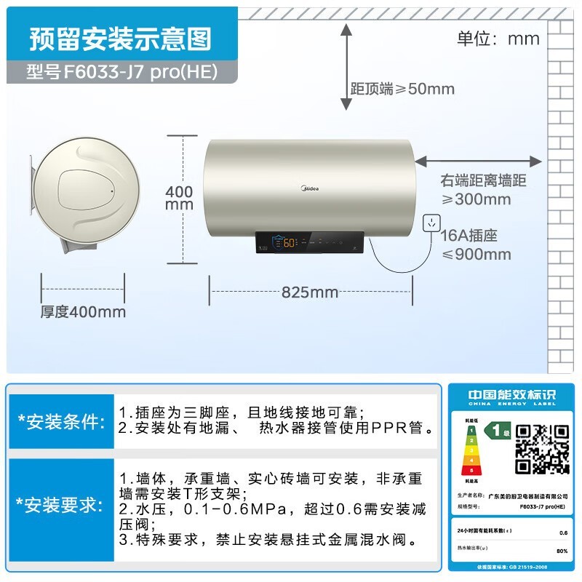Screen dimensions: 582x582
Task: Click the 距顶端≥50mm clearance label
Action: point(402,89)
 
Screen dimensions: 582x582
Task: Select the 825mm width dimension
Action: point(310,292)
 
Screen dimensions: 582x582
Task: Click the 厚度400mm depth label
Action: point(83,312)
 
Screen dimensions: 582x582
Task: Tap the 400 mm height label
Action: point(180,198)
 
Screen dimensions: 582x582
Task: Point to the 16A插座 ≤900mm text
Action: point(477,244)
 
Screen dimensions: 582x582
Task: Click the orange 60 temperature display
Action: point(290,243)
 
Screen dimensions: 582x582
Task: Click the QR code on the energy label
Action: point(543,450)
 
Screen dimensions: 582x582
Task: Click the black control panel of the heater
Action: point(310,243)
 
